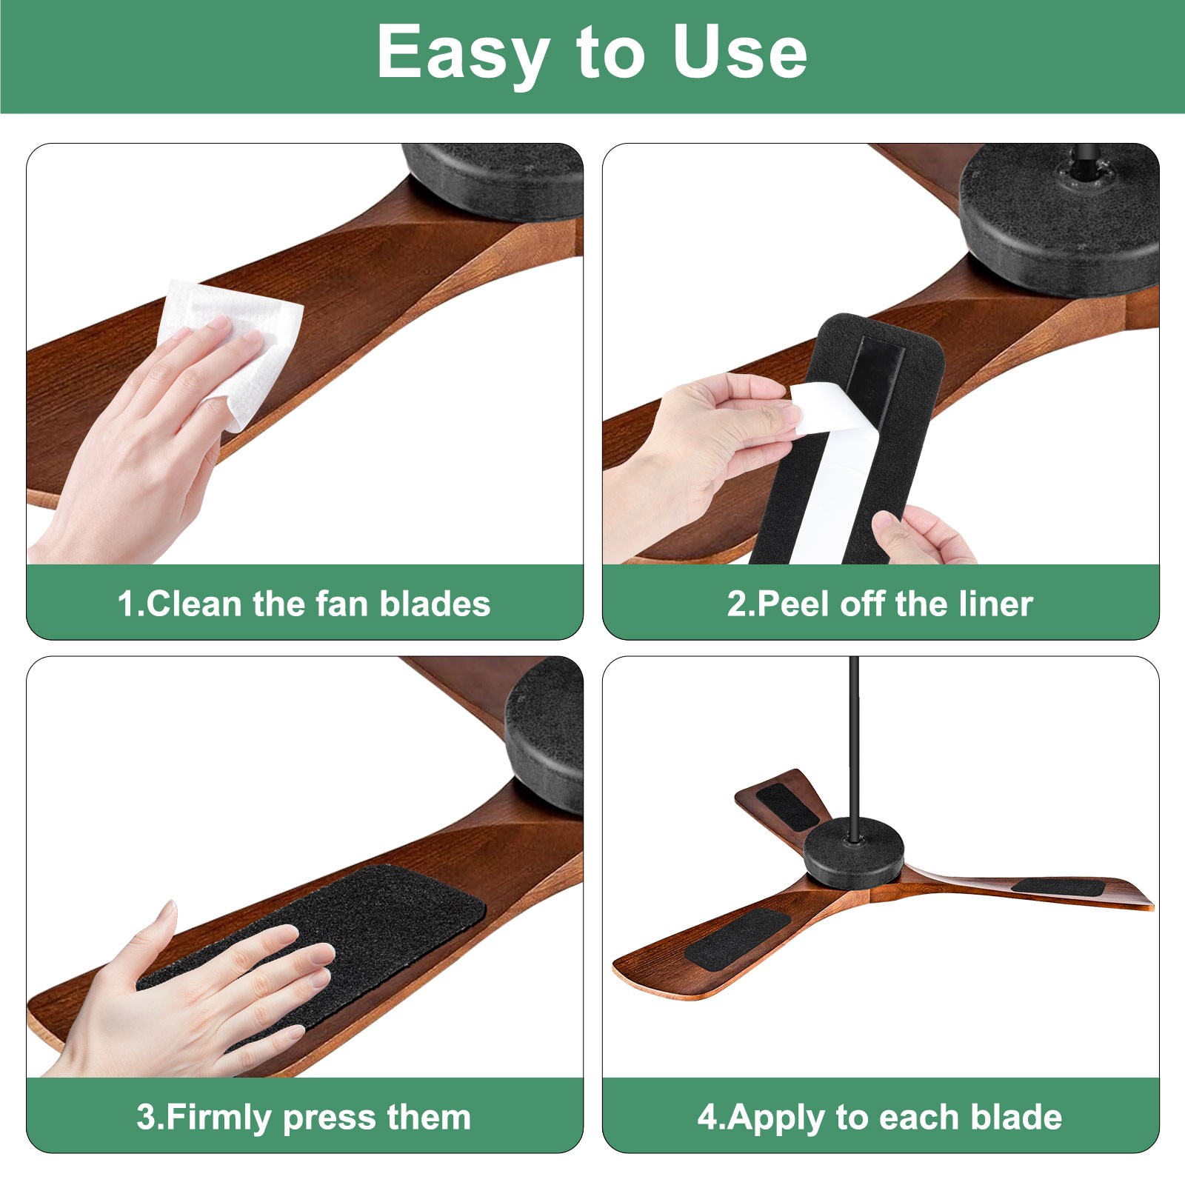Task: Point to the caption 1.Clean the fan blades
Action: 304,604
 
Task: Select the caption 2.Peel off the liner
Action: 880,604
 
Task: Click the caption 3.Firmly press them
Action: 304,1117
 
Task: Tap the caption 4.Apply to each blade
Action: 880,1117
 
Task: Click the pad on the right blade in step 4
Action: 1059,886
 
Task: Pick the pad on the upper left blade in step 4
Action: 788,806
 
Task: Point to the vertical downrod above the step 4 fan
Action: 854,741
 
